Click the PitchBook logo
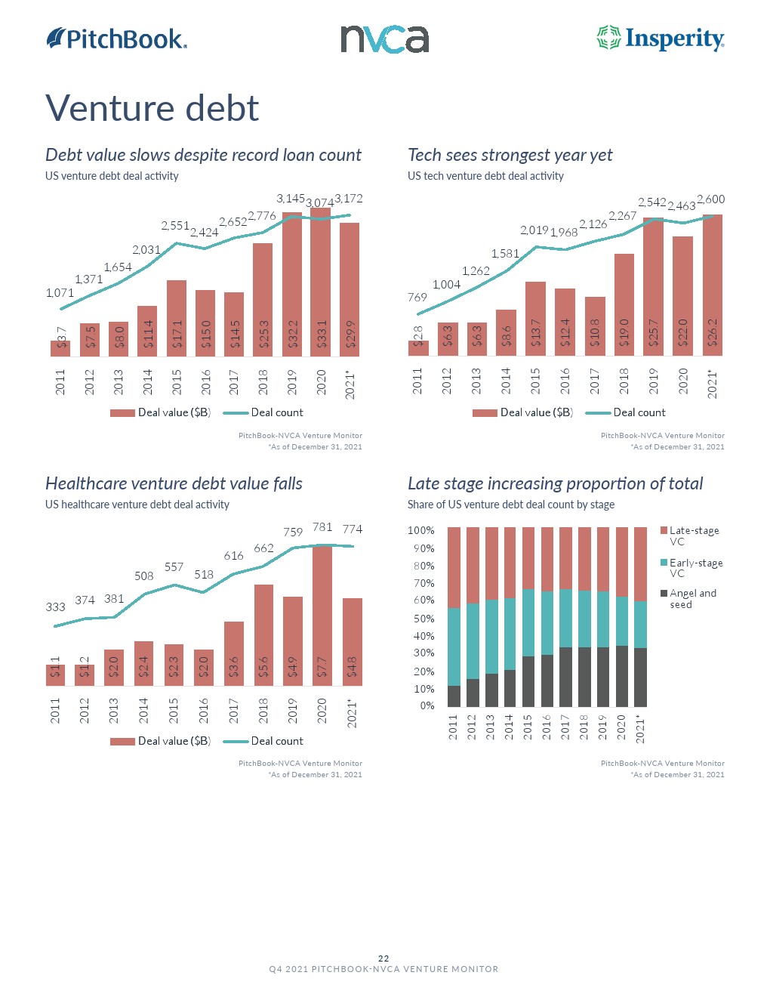[116, 39]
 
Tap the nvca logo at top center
[384, 39]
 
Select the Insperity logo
[661, 39]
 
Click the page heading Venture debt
[152, 108]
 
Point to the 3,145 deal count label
[290, 199]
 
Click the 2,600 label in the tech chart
[710, 199]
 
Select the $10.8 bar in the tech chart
[595, 326]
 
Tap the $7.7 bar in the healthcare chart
[322, 615]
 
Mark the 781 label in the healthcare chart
[322, 527]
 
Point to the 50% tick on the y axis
[423, 619]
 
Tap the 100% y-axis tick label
[421, 531]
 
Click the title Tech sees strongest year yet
[510, 155]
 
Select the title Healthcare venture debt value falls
[174, 483]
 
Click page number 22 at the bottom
[383, 958]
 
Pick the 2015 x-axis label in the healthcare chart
[174, 711]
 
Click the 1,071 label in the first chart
[60, 293]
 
